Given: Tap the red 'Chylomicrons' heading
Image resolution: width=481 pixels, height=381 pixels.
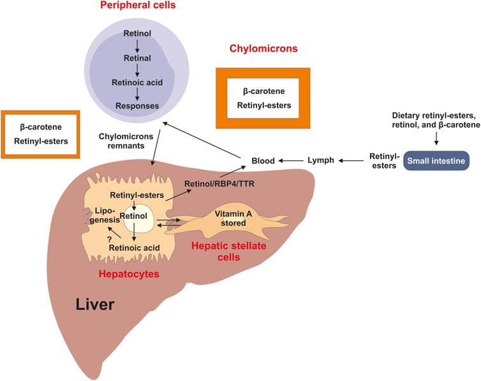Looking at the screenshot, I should coord(264,49).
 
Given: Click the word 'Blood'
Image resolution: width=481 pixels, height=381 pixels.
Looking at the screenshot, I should coord(262,161).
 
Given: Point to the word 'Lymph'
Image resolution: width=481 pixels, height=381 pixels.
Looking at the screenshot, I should coord(321,160).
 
